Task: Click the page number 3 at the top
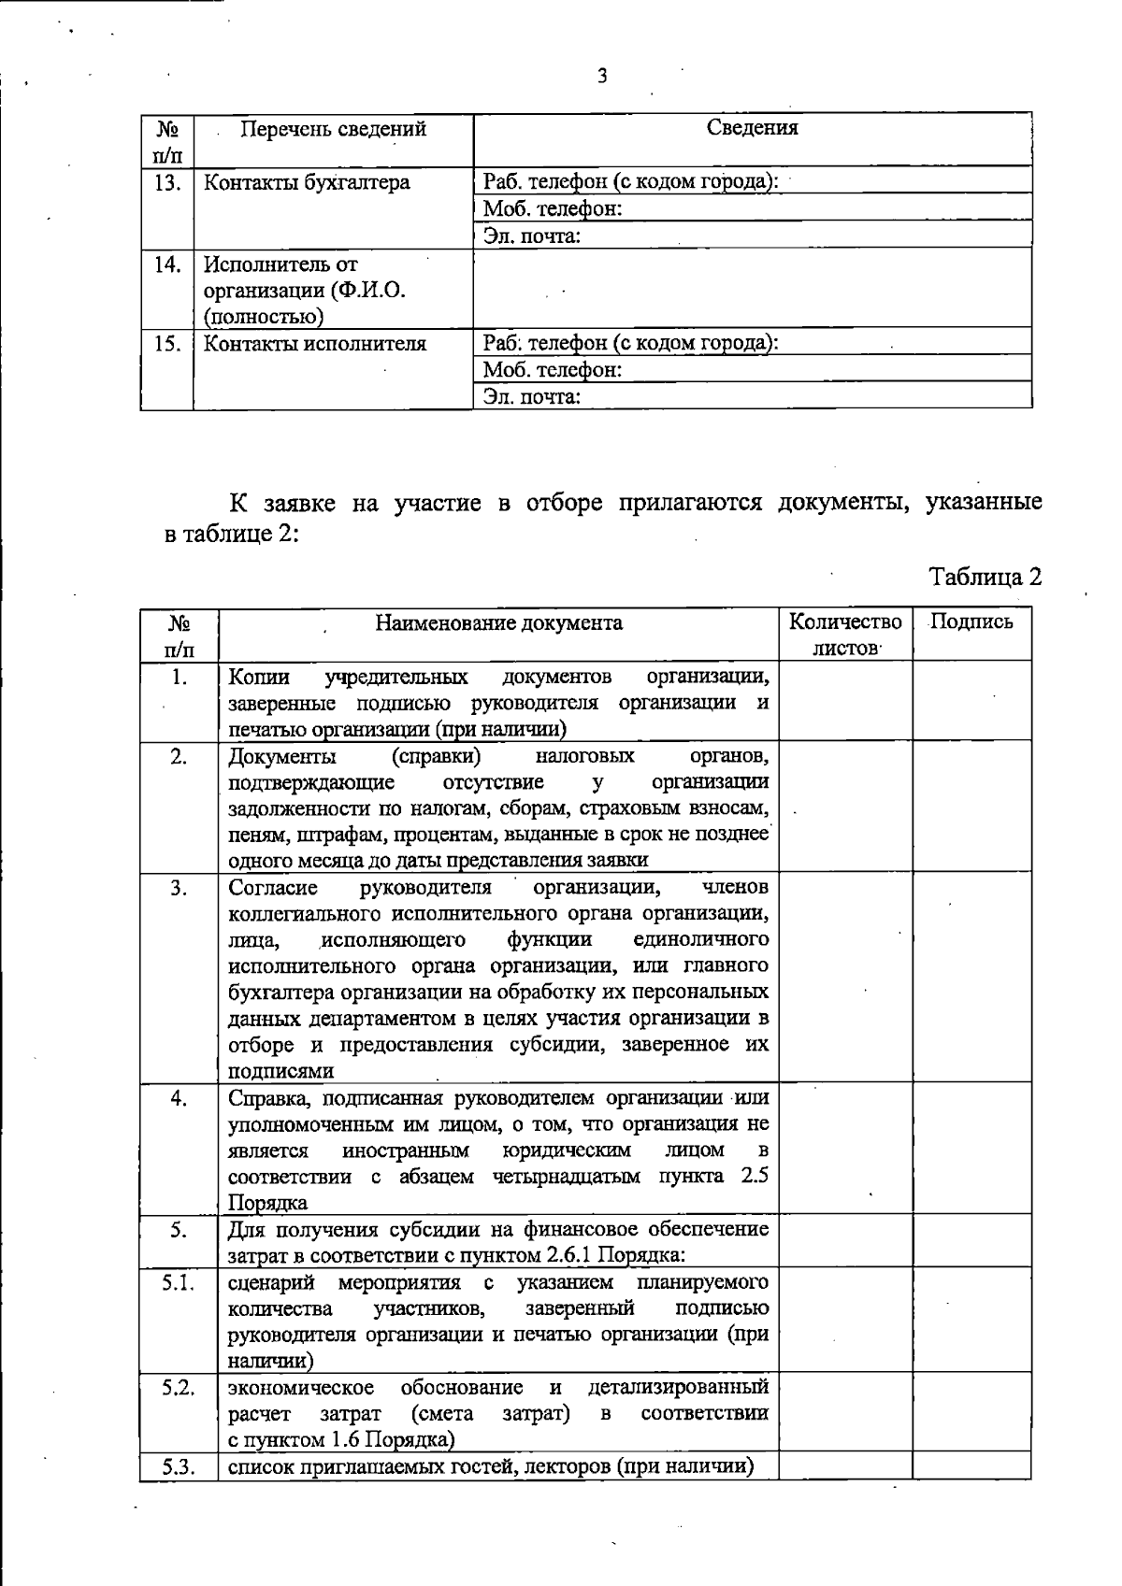[x=602, y=77]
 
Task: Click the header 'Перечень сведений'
[x=333, y=129]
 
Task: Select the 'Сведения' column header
[x=752, y=128]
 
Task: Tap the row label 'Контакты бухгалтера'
[x=307, y=182]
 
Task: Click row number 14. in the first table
[x=167, y=264]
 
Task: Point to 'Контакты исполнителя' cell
[x=315, y=344]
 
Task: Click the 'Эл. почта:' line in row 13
[x=532, y=236]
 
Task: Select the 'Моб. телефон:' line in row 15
[x=553, y=370]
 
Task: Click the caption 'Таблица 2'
[x=985, y=577]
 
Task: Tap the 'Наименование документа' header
[x=498, y=623]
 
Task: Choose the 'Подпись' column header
[x=971, y=622]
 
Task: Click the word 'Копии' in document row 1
[x=259, y=677]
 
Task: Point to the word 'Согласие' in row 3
[x=273, y=887]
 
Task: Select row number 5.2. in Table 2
[x=178, y=1388]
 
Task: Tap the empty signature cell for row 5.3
[x=971, y=1466]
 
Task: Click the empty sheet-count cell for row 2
[x=845, y=807]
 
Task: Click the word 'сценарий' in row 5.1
[x=271, y=1281]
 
